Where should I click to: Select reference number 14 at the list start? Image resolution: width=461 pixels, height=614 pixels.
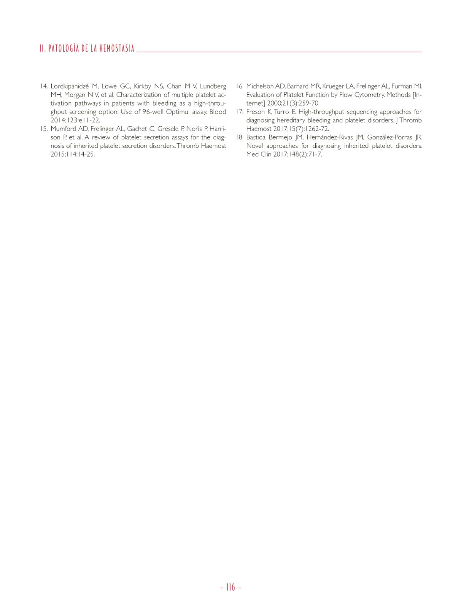click(44, 86)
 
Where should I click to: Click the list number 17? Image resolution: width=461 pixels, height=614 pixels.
click(239, 112)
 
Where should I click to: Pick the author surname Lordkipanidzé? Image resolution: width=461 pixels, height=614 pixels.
click(69, 86)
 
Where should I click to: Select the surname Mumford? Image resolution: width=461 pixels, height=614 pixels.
click(63, 129)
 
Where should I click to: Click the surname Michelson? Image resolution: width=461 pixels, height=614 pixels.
click(260, 86)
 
